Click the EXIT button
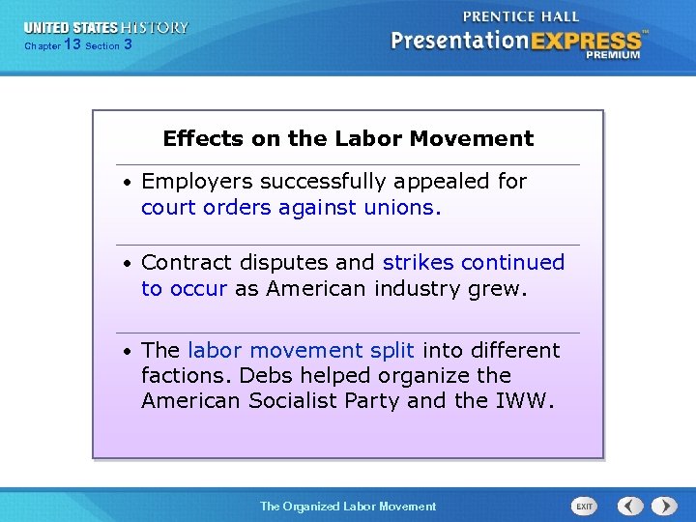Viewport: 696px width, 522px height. [x=584, y=506]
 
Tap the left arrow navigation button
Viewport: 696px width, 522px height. [x=630, y=506]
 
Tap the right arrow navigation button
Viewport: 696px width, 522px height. [x=664, y=506]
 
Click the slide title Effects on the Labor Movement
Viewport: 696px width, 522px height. [x=348, y=138]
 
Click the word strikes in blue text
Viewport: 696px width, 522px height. [x=419, y=263]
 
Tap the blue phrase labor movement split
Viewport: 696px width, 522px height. [x=301, y=350]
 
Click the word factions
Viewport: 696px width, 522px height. [x=186, y=375]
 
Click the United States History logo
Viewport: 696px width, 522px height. [x=106, y=28]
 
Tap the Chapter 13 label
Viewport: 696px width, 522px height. [x=52, y=45]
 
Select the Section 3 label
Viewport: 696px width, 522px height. [x=108, y=45]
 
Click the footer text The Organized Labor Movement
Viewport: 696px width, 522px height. [x=348, y=506]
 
